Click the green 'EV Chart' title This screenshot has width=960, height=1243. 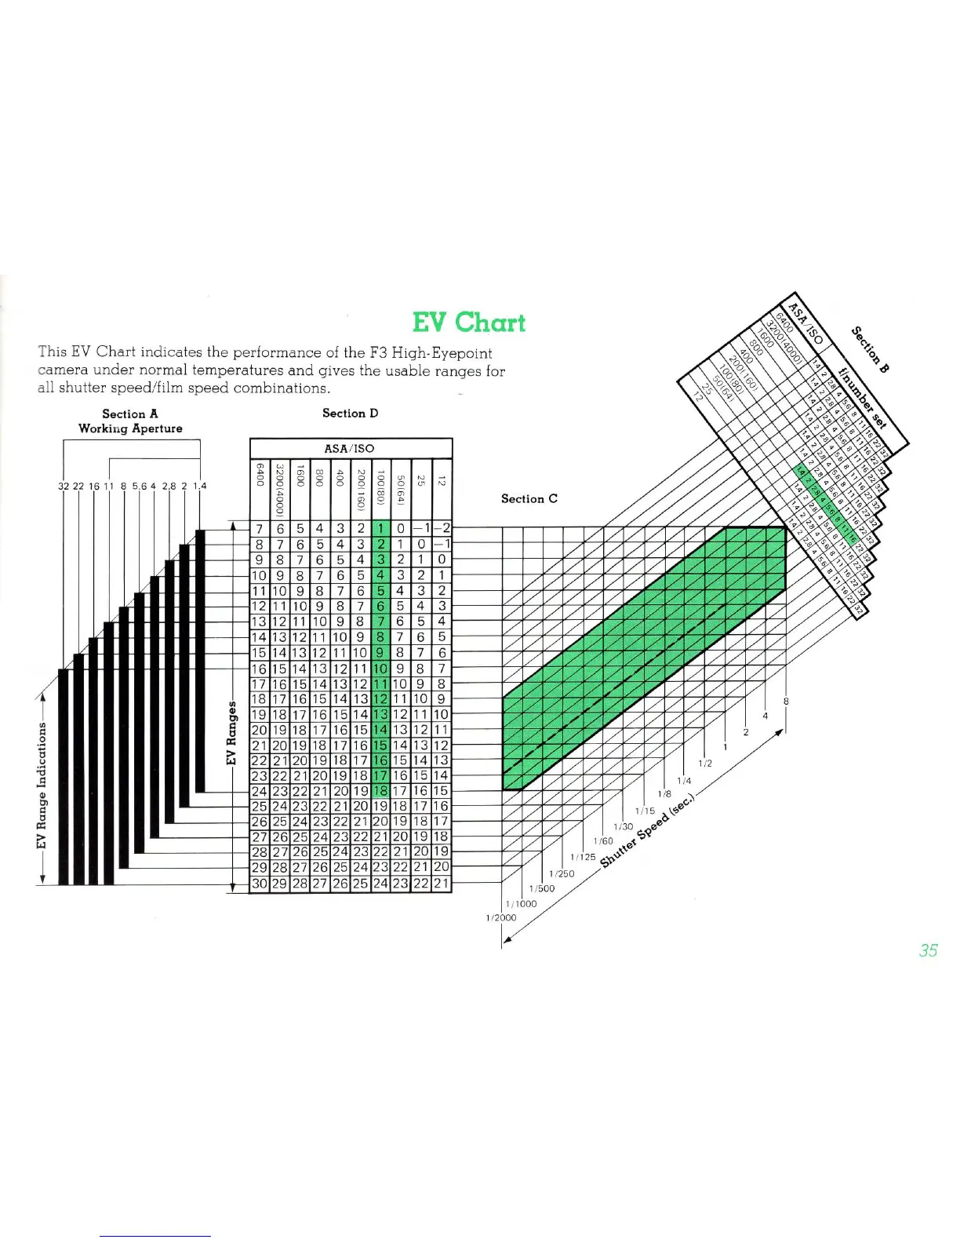click(468, 323)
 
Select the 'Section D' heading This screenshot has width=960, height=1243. click(350, 413)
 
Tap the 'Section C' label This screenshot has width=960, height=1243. click(529, 498)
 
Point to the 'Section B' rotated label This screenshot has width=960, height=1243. click(871, 349)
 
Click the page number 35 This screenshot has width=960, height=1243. click(928, 950)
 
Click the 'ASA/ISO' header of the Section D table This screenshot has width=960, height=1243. click(350, 448)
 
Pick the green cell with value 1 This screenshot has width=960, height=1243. click(380, 529)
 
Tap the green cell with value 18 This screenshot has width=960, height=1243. click(380, 791)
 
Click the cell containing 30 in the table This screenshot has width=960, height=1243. click(260, 884)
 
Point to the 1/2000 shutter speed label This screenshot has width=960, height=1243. click(500, 917)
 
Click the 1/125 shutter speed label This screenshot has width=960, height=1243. click(583, 857)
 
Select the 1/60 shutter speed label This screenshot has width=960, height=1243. click(603, 841)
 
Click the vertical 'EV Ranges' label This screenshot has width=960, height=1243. click(231, 733)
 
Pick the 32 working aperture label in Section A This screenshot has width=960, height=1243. click(64, 486)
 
